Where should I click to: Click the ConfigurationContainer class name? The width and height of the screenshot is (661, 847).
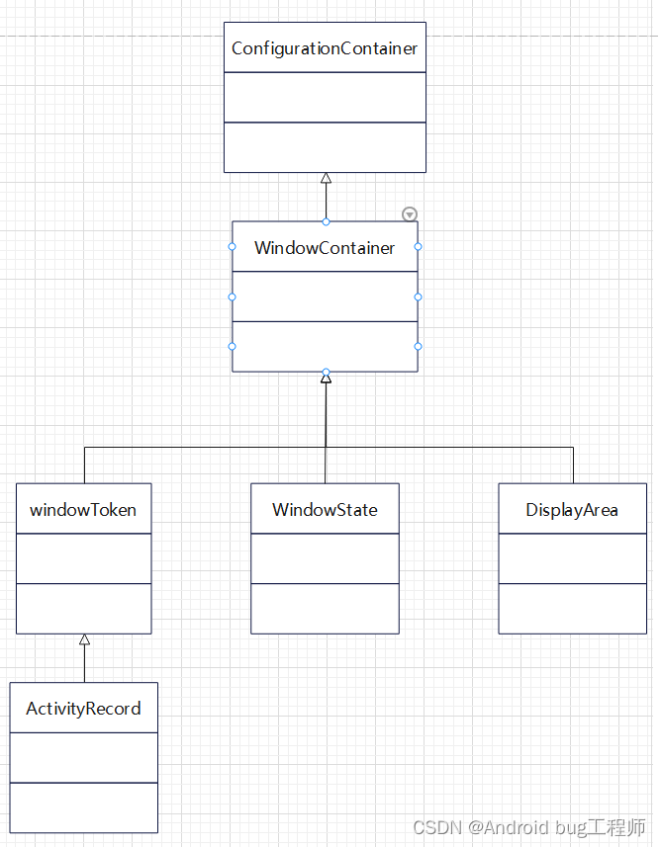[325, 48]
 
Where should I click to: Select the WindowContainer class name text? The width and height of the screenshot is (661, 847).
[325, 248]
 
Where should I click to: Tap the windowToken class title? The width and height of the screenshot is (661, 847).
[83, 510]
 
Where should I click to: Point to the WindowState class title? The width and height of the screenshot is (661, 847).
[325, 510]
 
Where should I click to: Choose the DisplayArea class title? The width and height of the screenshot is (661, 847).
[572, 510]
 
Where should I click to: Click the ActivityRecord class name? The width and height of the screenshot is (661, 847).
[83, 709]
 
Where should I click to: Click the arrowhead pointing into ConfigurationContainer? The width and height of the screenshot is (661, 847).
[326, 179]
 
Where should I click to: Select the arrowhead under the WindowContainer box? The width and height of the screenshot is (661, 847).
[326, 379]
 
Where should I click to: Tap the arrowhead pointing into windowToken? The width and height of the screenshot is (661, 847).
[84, 639]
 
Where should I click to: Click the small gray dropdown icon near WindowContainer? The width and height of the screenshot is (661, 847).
[410, 214]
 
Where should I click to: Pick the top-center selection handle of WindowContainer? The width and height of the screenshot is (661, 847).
[326, 221]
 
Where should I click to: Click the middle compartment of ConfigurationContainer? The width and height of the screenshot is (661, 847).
[325, 97]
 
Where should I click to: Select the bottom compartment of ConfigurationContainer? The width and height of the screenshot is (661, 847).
[325, 147]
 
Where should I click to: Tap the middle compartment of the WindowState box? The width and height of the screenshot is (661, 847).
[325, 558]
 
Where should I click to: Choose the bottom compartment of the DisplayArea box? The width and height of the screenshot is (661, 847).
[572, 609]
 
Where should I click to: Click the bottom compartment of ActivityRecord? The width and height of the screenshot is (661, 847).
[83, 807]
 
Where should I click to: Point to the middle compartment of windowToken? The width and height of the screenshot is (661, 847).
[83, 558]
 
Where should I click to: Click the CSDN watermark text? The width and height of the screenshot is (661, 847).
[528, 827]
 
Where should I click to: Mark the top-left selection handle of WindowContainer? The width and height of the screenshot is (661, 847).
[233, 246]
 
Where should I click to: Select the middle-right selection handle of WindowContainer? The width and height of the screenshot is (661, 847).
[418, 296]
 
